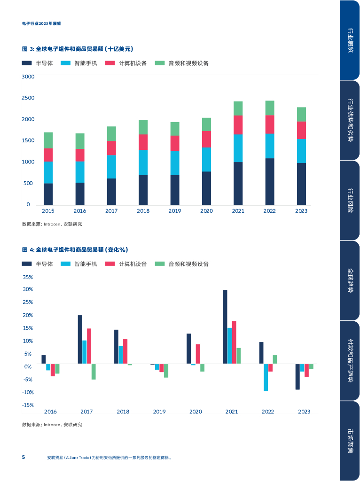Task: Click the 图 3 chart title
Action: point(78,49)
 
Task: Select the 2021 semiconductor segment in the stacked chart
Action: point(238,183)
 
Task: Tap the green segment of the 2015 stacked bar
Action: point(48,140)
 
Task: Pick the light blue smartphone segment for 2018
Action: point(143,163)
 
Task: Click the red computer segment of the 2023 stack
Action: point(301,130)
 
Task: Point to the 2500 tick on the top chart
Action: point(28,98)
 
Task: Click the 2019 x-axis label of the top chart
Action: point(175,211)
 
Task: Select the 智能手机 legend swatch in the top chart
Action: point(65,63)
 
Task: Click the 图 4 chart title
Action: point(75,249)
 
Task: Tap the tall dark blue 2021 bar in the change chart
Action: point(225,326)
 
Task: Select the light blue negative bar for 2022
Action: point(266,377)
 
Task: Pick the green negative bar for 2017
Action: point(94,372)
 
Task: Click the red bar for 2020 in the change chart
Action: point(198,354)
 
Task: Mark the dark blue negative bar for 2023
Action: point(297,376)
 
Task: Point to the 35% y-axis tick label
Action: point(28,277)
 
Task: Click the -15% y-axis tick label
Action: point(28,405)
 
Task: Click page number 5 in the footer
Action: point(23,457)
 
